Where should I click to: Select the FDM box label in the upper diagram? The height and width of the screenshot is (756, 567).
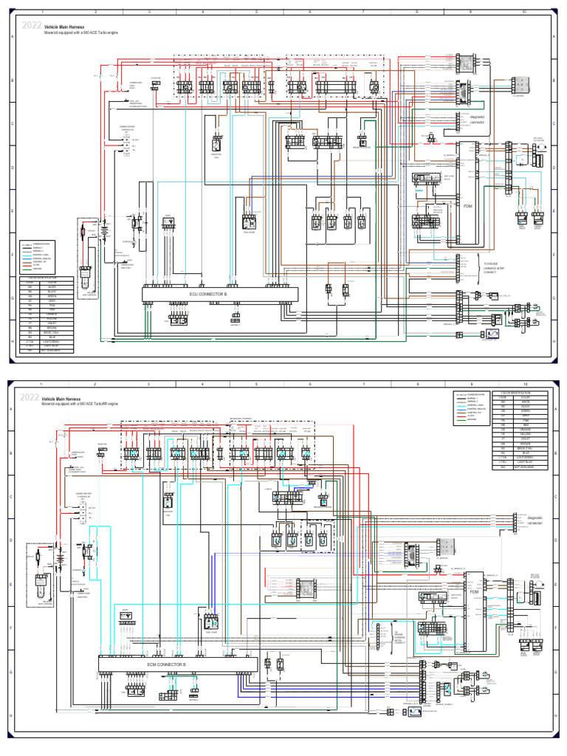pyautogui.click(x=467, y=206)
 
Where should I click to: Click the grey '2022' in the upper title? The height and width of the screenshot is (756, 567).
pyautogui.click(x=32, y=26)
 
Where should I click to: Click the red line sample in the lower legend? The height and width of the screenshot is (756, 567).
pyautogui.click(x=466, y=416)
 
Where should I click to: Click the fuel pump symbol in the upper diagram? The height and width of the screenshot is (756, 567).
pyautogui.click(x=248, y=221)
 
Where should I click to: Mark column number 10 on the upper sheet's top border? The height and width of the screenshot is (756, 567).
pyautogui.click(x=523, y=13)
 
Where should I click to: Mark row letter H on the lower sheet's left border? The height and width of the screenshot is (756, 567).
pyautogui.click(x=12, y=715)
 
